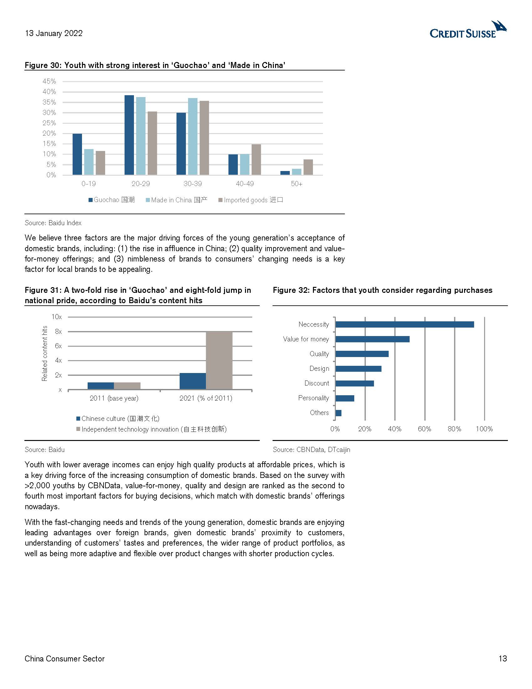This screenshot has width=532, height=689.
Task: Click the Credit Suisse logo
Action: coord(468,30)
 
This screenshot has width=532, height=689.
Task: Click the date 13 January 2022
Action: coord(54,34)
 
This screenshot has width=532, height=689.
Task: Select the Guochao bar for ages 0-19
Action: coord(77,154)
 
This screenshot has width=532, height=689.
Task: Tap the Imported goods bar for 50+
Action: coord(308,167)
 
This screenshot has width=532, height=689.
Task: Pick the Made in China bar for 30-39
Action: coord(193,136)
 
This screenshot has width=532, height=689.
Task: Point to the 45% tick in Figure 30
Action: coord(49,81)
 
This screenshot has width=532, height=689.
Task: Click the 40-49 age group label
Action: coord(245,184)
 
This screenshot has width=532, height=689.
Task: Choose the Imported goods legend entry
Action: coord(251,200)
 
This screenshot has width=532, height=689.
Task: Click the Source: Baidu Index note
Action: coord(53,223)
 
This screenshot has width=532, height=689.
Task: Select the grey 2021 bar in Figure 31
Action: coord(219,360)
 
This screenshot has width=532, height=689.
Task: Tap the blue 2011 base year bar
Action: coord(100,386)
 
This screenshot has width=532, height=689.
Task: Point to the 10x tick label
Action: coord(57,317)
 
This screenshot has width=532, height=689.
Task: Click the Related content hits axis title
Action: coord(44,353)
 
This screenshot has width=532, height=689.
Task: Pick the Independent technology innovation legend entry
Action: coord(151,429)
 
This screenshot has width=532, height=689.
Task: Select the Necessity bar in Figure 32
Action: coord(405,324)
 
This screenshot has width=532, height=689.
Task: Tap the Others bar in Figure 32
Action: coord(339,413)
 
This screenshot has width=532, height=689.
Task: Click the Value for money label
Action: coord(306,339)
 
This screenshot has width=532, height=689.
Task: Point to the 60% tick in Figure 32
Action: coord(424,429)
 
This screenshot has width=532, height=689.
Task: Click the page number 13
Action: coord(503,659)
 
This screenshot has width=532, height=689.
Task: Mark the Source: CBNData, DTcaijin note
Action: coord(311,449)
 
